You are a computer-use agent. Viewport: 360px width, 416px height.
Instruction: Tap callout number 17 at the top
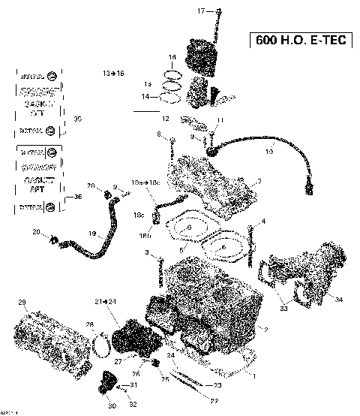click(200, 11)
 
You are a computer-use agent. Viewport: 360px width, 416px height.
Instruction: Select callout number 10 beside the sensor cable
click(269, 151)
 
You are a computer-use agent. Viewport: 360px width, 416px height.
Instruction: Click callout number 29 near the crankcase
click(22, 302)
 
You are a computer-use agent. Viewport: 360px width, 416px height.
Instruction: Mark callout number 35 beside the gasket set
click(77, 119)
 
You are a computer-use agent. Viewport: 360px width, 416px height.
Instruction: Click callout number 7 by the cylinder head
click(259, 181)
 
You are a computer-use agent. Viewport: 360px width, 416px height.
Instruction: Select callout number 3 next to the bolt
click(148, 252)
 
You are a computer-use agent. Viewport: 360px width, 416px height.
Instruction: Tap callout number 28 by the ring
click(90, 324)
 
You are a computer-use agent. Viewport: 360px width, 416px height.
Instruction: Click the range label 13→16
click(113, 73)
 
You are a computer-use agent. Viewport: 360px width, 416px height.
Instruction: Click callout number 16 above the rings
click(171, 57)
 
